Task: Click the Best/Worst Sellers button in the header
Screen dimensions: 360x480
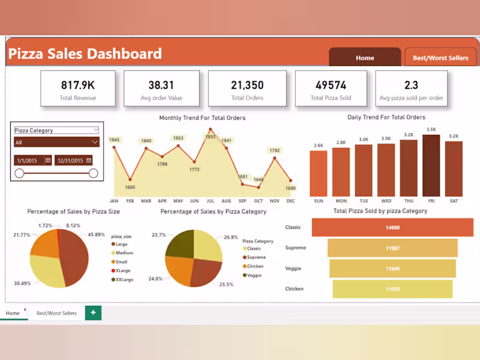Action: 440,58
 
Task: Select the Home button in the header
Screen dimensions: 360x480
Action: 365,58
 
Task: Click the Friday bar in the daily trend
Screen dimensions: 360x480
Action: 431,165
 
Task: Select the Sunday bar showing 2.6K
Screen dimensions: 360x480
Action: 318,173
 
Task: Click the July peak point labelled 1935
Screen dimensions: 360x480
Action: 210,130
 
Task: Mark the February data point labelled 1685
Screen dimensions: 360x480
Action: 130,179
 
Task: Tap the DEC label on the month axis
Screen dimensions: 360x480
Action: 290,201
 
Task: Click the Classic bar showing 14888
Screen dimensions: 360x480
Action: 392,227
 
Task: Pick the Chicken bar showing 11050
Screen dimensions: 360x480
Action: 392,289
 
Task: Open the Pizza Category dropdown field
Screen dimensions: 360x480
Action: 57,130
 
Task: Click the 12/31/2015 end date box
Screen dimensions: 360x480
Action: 73,160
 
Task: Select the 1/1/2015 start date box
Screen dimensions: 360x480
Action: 32,160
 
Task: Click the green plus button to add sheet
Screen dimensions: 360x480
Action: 93,313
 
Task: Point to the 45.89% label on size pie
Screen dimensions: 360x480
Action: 97,235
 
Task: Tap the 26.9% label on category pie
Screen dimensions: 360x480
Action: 230,237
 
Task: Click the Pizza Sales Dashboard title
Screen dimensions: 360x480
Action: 85,54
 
